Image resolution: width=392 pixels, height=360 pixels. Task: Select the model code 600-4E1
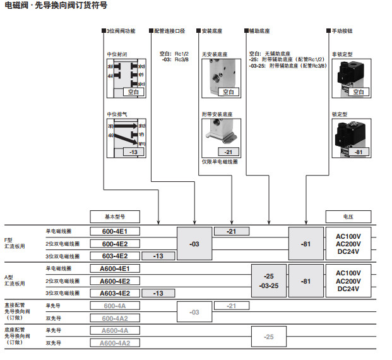point(115,231)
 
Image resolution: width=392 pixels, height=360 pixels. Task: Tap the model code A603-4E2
point(115,293)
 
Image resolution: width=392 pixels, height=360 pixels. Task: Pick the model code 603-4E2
point(115,256)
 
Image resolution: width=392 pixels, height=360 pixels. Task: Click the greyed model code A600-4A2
point(115,343)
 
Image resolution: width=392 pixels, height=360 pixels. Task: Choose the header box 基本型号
point(115,216)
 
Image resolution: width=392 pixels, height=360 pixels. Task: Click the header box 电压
point(349,216)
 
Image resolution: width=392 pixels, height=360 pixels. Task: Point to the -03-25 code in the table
point(269,285)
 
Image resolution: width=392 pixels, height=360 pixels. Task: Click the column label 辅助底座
point(259,30)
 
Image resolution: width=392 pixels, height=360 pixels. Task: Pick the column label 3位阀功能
point(121,30)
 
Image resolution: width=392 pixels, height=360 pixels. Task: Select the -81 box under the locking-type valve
point(359,152)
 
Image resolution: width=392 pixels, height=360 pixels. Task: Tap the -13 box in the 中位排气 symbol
point(133,152)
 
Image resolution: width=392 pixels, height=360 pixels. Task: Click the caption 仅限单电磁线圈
point(220,162)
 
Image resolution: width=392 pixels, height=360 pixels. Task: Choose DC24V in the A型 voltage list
point(348,289)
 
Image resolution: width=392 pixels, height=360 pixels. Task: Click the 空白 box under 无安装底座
point(229,92)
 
